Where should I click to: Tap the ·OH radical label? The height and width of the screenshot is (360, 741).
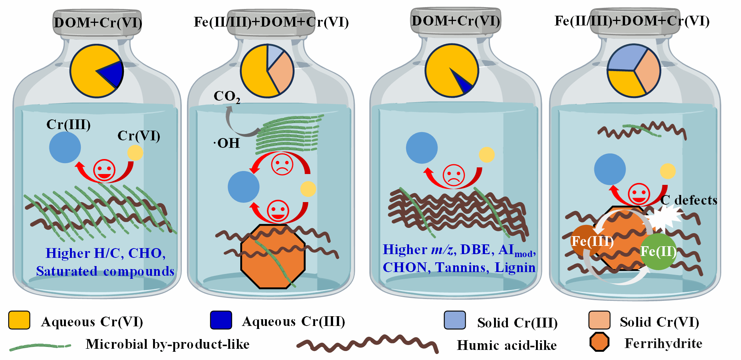tap(226, 143)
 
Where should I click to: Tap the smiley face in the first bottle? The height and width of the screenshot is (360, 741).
tap(104, 170)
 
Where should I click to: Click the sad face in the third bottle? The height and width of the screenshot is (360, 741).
tap(454, 175)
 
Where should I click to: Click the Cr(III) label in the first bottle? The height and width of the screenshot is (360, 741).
tap(68, 125)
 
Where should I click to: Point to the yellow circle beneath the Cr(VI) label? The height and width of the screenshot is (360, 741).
tap(135, 153)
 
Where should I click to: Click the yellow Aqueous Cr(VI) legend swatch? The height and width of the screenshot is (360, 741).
tap(19, 320)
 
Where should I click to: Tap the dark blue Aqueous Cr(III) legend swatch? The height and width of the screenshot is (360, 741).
tap(221, 320)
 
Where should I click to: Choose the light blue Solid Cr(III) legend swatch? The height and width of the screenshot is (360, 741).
tap(455, 320)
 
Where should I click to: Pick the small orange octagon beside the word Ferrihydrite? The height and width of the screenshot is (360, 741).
tap(599, 342)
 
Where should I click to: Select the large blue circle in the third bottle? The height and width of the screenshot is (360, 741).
tap(422, 148)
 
